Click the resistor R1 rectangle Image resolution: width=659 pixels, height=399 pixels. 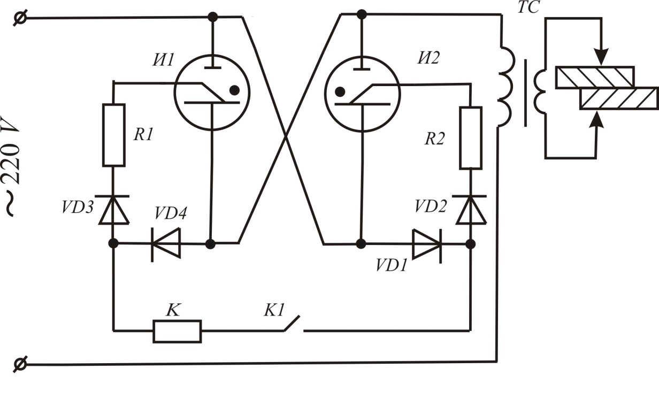113,135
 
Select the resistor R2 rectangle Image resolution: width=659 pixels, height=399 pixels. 471,138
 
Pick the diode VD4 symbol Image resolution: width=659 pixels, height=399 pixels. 166,244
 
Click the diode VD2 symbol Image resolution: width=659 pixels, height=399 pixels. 471,210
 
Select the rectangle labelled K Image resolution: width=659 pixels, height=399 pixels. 177,331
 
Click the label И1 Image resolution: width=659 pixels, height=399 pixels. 162,59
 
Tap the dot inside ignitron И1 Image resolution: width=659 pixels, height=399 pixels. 234,90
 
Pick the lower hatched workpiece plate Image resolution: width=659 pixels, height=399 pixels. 619,99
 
